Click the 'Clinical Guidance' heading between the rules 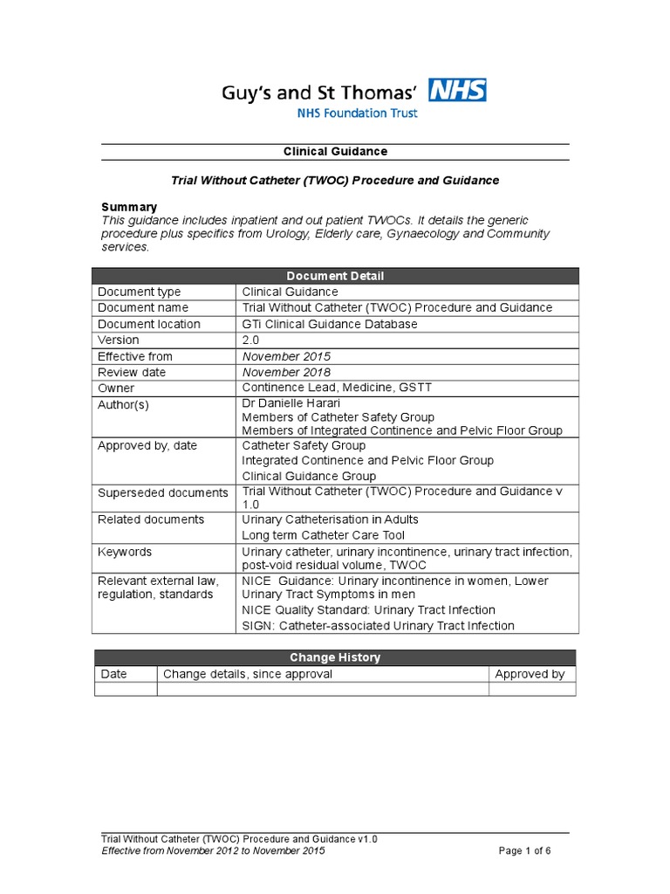[x=335, y=151]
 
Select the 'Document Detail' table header [x=335, y=276]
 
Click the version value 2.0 [x=251, y=340]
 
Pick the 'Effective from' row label [x=135, y=356]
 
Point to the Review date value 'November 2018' [x=286, y=372]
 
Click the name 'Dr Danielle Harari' [x=293, y=404]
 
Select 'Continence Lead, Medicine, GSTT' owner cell [x=336, y=388]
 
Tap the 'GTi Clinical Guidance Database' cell [x=329, y=324]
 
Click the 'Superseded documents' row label [x=162, y=493]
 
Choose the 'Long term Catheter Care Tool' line [x=323, y=535]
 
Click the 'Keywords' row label [x=125, y=552]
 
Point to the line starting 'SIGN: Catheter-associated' [x=378, y=625]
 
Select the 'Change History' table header [x=335, y=657]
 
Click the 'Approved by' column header [x=530, y=674]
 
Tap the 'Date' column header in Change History [x=114, y=674]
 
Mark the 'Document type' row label [x=138, y=292]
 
